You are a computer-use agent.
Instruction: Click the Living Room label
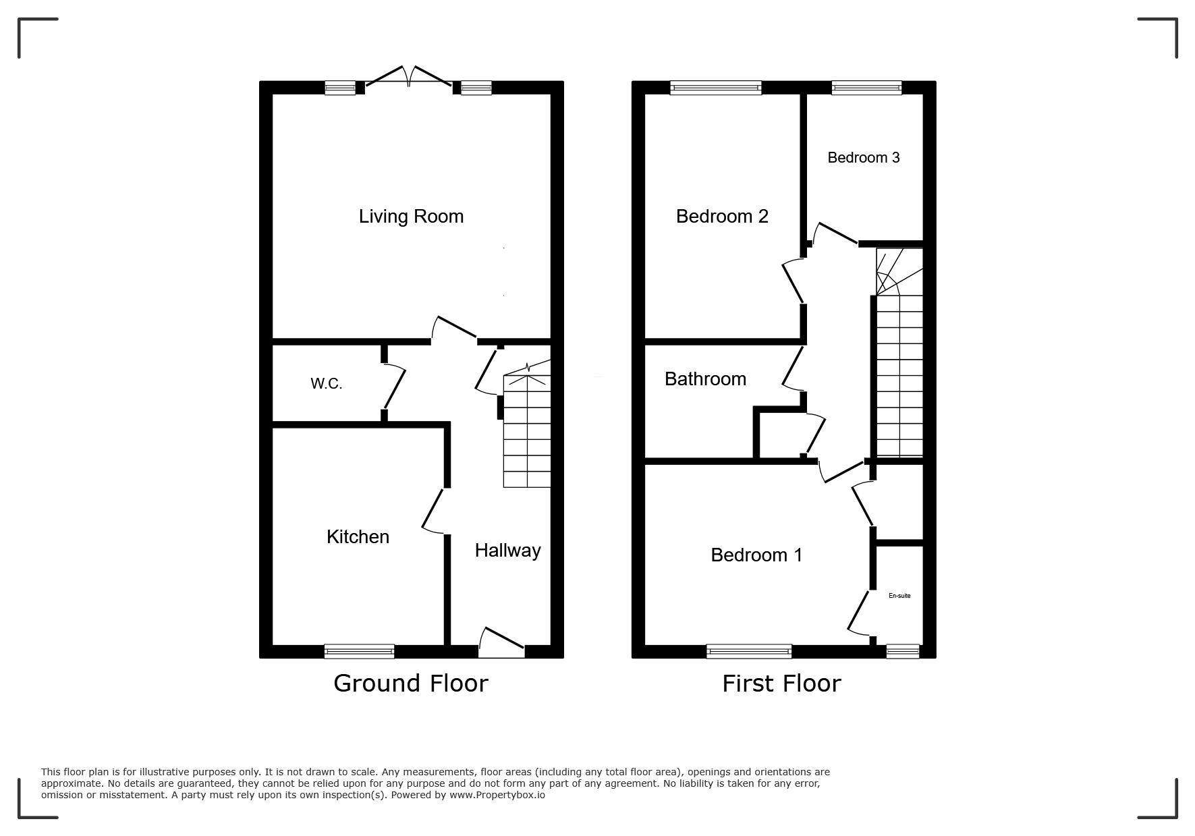(x=411, y=217)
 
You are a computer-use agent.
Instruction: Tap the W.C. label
(x=327, y=384)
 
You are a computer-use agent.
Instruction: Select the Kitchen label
(x=358, y=537)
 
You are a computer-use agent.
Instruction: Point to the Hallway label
(x=507, y=551)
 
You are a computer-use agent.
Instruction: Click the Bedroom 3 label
(x=864, y=157)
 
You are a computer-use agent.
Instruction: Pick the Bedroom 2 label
(x=722, y=217)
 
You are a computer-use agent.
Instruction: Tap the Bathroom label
(x=705, y=379)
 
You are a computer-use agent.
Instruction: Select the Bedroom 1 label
(x=756, y=555)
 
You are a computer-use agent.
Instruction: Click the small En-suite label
(x=899, y=596)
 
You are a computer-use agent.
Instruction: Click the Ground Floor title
(x=410, y=684)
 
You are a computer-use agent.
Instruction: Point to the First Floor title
(x=781, y=684)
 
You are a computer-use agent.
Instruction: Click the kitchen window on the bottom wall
(x=359, y=651)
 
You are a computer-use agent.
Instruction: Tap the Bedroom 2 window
(x=716, y=88)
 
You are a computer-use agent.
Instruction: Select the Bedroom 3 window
(x=866, y=88)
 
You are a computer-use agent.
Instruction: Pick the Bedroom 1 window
(x=749, y=651)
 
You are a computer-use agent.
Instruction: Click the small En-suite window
(x=903, y=651)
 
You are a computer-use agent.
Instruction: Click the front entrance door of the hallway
(x=501, y=643)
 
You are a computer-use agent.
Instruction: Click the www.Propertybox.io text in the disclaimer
(x=497, y=795)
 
